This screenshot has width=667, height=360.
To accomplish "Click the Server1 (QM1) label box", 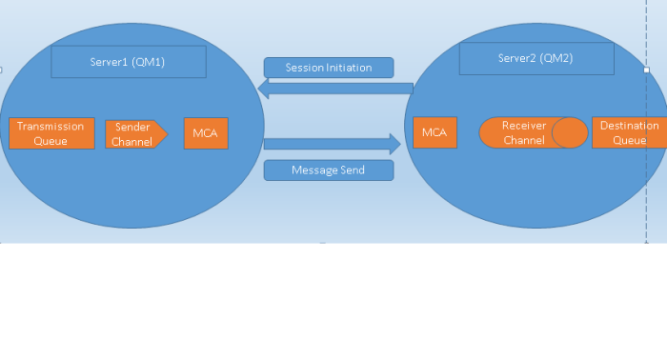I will tap(128, 62).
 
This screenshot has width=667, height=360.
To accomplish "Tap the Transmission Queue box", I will tap(51, 133).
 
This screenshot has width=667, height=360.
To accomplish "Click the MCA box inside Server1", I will tap(206, 133).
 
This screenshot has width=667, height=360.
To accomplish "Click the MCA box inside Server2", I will tap(435, 132).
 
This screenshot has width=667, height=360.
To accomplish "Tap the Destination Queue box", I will tap(628, 132).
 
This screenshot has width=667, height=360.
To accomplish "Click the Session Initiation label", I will tap(329, 68).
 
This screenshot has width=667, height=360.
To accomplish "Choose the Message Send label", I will tap(329, 170).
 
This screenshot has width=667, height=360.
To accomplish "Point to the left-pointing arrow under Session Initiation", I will tap(333, 89).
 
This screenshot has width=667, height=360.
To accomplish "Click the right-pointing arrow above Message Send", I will tap(332, 144).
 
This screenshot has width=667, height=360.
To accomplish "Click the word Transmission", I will tap(51, 127).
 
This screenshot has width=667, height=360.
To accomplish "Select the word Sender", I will tap(133, 128).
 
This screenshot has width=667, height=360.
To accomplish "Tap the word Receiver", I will tap(523, 126).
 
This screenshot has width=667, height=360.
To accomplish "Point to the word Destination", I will tap(629, 126).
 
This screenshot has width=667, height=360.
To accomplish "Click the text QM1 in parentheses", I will tap(149, 62).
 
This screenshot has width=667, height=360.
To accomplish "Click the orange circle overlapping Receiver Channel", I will tap(570, 132).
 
